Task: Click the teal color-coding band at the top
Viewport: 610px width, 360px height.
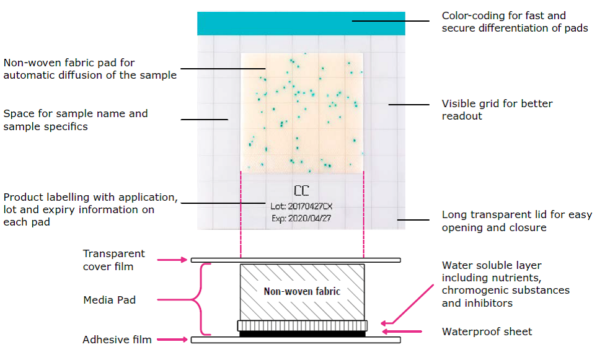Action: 301,24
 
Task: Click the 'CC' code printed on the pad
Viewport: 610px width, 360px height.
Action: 301,190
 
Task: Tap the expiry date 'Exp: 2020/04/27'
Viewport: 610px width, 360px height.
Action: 302,219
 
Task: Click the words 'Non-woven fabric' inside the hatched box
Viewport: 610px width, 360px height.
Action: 302,291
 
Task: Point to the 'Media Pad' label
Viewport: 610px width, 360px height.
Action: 109,300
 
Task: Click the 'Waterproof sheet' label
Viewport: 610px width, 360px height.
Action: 487,331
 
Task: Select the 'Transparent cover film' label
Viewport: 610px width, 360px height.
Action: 114,260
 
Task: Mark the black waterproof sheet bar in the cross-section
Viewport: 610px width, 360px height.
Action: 302,333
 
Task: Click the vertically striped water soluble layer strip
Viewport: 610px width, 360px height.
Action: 302,325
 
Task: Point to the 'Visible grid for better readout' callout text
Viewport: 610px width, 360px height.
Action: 497,110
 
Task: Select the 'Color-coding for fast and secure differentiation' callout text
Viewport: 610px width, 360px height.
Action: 515,22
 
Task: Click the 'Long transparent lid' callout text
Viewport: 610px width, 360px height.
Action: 516,221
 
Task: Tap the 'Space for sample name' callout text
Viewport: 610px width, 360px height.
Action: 76,120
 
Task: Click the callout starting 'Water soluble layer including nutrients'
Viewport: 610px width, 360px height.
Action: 505,284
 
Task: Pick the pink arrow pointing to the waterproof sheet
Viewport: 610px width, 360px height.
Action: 404,331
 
